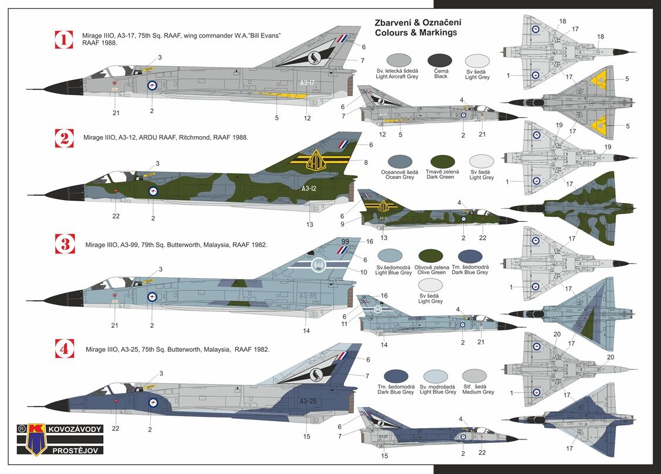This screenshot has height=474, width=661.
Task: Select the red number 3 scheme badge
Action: [x=64, y=243]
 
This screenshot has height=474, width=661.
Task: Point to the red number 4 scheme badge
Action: [x=64, y=349]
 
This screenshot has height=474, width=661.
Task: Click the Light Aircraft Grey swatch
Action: [x=400, y=60]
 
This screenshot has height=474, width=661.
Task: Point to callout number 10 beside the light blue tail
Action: [x=364, y=272]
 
